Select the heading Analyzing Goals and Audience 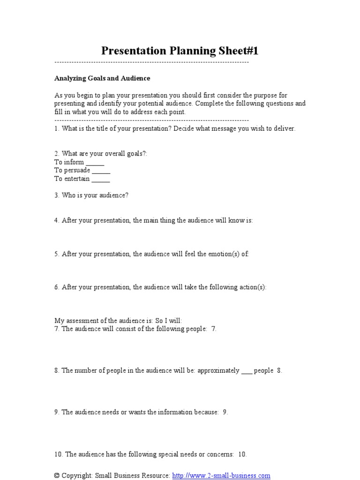102,78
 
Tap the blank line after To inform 95,163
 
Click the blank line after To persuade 101,171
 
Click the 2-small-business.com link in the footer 221,475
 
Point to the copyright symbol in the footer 57,475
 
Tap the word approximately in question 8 218,370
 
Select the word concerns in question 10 221,454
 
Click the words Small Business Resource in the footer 132,475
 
